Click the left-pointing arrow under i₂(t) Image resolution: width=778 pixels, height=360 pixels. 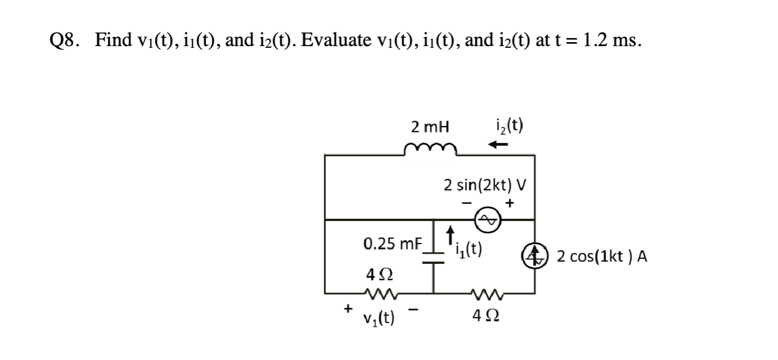tap(499, 145)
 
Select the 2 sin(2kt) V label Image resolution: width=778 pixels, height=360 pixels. tap(484, 185)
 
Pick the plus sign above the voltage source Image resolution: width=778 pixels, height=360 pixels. tap(509, 202)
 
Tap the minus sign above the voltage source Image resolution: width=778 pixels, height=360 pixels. tap(465, 203)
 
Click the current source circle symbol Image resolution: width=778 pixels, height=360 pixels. tap(535, 256)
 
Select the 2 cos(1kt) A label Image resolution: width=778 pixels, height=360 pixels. tap(602, 257)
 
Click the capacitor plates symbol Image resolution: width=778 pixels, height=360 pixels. tap(433, 256)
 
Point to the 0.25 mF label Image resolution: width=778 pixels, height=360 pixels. tap(392, 245)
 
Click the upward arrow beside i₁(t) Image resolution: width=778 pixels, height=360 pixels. tap(449, 233)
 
